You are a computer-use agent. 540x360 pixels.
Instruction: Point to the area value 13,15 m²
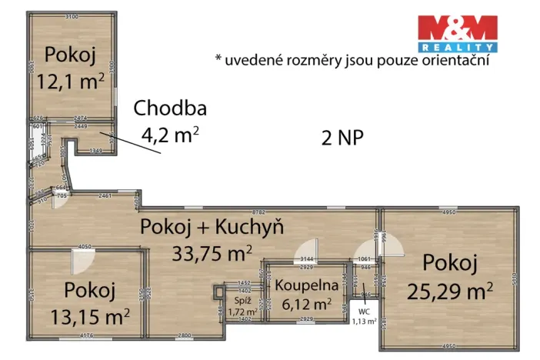coord(91,315)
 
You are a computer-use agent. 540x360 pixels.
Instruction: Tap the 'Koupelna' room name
coord(302,285)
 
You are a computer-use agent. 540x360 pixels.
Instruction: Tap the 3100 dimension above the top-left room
coord(72,16)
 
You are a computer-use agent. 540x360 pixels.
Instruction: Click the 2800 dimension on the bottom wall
coord(184,336)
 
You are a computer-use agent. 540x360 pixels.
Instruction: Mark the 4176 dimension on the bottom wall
coord(85,335)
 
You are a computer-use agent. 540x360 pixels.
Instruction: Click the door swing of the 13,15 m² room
coord(81,264)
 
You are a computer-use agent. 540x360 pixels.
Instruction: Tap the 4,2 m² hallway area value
coord(170,135)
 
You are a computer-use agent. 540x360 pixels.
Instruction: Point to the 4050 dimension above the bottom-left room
coord(85,247)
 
